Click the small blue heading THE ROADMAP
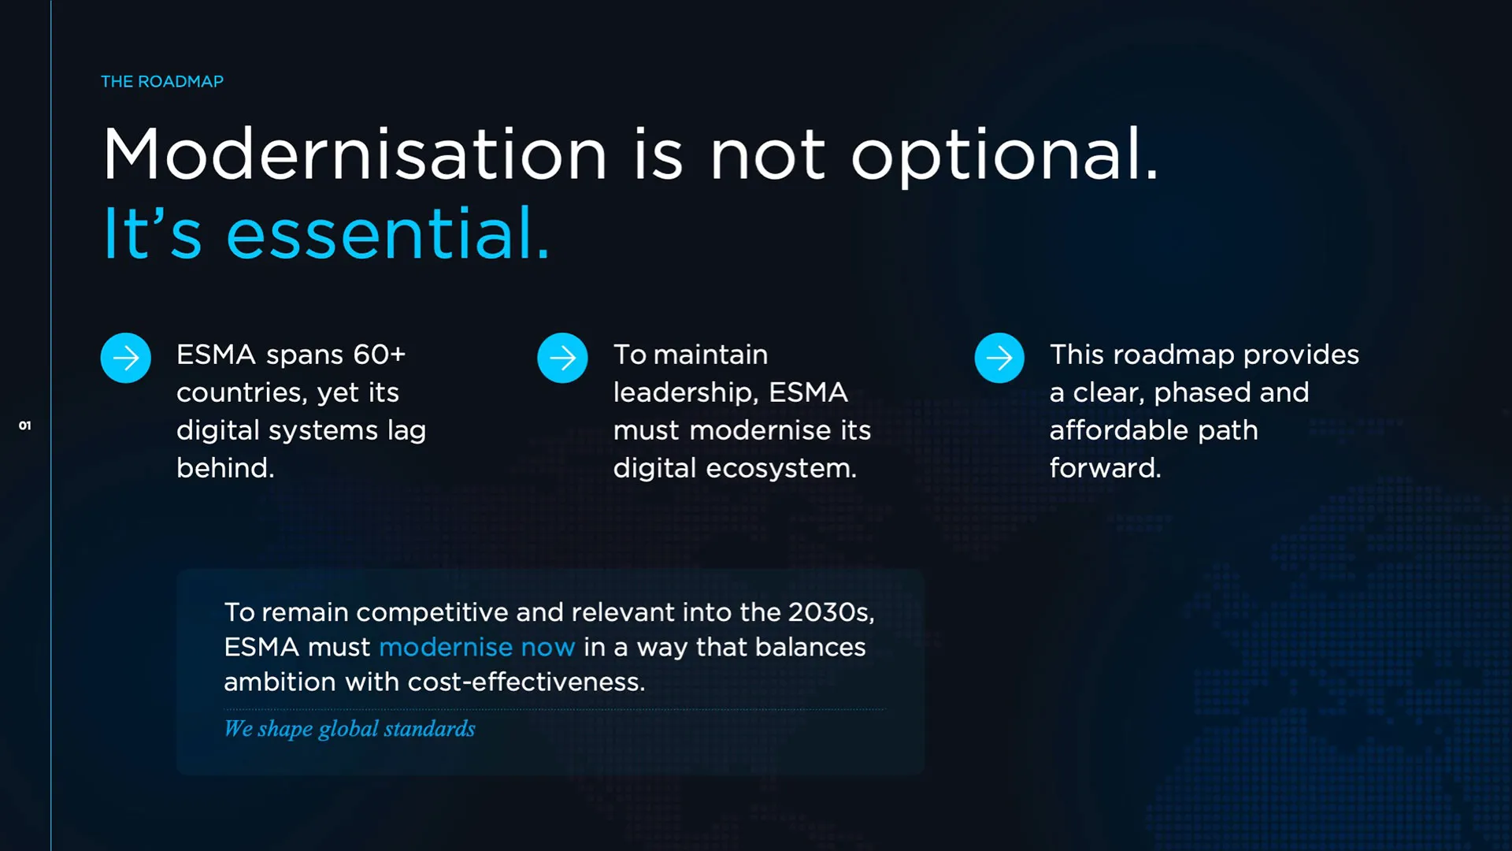[162, 81]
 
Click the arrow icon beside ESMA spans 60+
[126, 358]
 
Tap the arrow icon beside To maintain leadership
[562, 358]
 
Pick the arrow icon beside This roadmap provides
[999, 358]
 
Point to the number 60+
[379, 355]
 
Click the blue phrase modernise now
[477, 647]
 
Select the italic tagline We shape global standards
[350, 729]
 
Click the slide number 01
[25, 425]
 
